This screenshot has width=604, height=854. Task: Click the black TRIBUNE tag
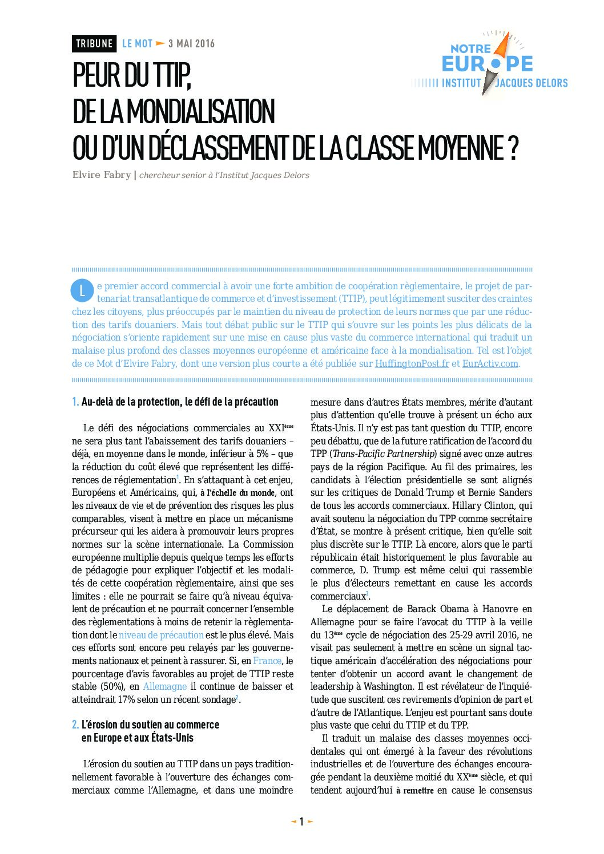click(94, 44)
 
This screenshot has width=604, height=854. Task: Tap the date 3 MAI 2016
click(191, 44)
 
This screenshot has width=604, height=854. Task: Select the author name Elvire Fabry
click(102, 175)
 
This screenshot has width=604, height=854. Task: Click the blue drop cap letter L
click(82, 290)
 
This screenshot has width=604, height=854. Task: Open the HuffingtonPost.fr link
click(412, 364)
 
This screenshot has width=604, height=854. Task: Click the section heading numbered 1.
click(175, 402)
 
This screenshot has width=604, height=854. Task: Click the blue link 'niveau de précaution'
click(161, 635)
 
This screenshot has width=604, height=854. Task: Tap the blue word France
click(267, 661)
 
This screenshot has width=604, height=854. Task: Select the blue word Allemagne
click(165, 686)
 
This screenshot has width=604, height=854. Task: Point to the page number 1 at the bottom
click(302, 821)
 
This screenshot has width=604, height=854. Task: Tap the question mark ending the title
click(513, 148)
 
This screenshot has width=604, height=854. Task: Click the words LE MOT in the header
click(137, 44)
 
